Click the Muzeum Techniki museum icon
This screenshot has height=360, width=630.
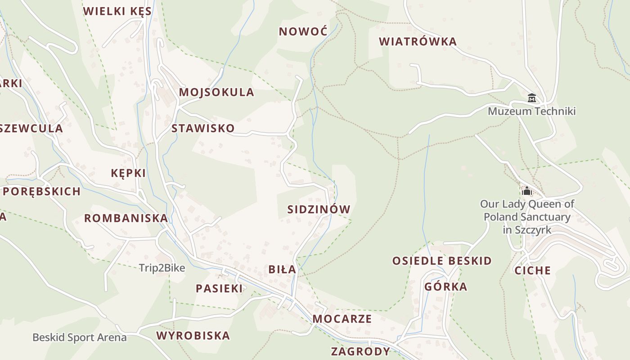point(531,98)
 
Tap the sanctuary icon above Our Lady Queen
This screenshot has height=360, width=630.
point(527,191)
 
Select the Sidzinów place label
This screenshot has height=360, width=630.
point(319,209)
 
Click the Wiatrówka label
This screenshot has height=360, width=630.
point(418,42)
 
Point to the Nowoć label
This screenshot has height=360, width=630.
point(303,31)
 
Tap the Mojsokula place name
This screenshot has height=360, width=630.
point(216,92)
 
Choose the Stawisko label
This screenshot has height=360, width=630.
point(203,128)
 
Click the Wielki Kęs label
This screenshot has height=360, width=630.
point(117,11)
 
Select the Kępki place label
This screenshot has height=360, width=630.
point(128,173)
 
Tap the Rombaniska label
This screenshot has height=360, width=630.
point(126,218)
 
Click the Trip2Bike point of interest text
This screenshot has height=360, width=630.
point(162,268)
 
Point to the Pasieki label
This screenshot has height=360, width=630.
point(219,288)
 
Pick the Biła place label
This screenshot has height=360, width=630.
point(282,270)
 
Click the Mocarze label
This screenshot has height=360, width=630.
point(342,319)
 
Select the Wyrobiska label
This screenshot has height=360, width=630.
point(193,335)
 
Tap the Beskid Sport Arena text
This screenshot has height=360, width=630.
point(79,337)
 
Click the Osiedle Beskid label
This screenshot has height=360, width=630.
point(442,261)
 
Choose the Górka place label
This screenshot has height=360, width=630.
point(445,287)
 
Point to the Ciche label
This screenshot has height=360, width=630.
point(532,270)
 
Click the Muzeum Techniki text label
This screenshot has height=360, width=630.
point(531,111)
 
